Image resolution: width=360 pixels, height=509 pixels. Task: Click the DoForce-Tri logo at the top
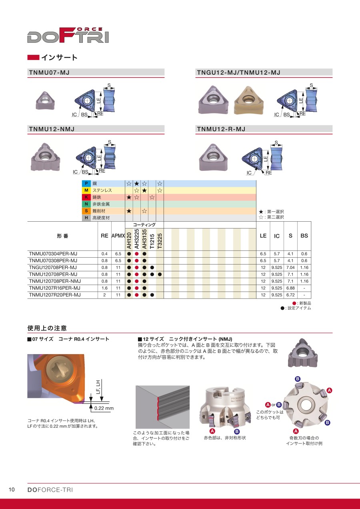[x=68, y=36]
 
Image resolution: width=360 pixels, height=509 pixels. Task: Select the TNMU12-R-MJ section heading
[x=221, y=129]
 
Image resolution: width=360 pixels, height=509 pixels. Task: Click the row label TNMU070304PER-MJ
[x=53, y=254]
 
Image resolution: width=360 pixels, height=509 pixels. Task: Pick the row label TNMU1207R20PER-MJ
[x=54, y=295]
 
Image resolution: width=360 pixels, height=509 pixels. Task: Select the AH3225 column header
[x=136, y=239]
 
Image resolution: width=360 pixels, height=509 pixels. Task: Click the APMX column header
[x=118, y=236]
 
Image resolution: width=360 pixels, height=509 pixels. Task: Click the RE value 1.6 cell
[x=104, y=288]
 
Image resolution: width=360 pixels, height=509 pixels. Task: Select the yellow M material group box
[x=86, y=190]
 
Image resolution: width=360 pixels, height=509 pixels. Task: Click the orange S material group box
[x=86, y=211]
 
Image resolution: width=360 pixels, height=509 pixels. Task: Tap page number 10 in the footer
[x=12, y=490]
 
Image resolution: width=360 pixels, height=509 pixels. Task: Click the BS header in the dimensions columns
[x=304, y=236]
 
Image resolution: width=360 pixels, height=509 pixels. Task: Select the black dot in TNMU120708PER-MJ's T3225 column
[x=160, y=275]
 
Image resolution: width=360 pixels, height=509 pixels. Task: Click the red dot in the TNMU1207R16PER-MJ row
[x=136, y=288]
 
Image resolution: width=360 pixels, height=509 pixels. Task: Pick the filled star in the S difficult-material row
[x=129, y=211]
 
